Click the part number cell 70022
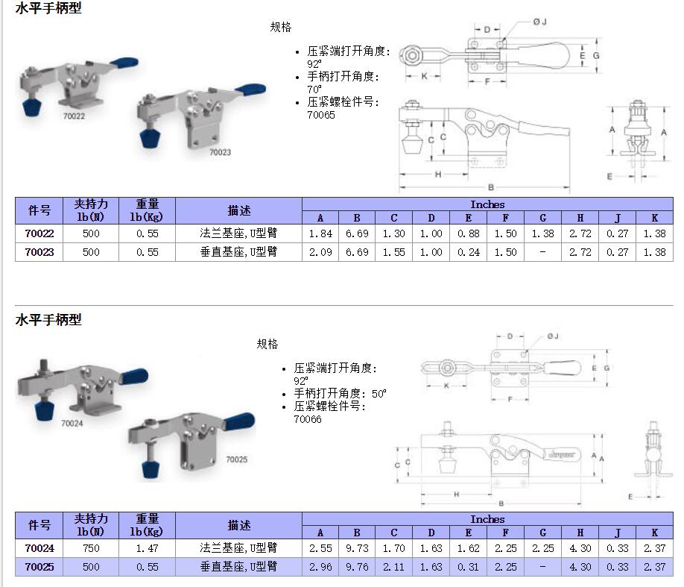pos(39,233)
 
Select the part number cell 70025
pos(39,567)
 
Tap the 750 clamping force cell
pos(91,548)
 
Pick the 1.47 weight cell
pos(147,548)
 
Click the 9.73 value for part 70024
pos(357,548)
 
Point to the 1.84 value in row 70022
pos(320,233)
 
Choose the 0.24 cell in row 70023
pos(469,252)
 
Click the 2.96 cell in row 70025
pos(320,567)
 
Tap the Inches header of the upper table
pos(487,204)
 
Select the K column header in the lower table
pos(654,533)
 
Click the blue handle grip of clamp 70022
pos(124,63)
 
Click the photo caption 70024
pos(72,423)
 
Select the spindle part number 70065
pos(321,116)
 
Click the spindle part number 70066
pos(308,419)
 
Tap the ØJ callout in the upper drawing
pos(539,22)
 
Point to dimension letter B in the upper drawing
pos(491,187)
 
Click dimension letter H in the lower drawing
pos(456,495)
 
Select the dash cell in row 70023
pos(542,252)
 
